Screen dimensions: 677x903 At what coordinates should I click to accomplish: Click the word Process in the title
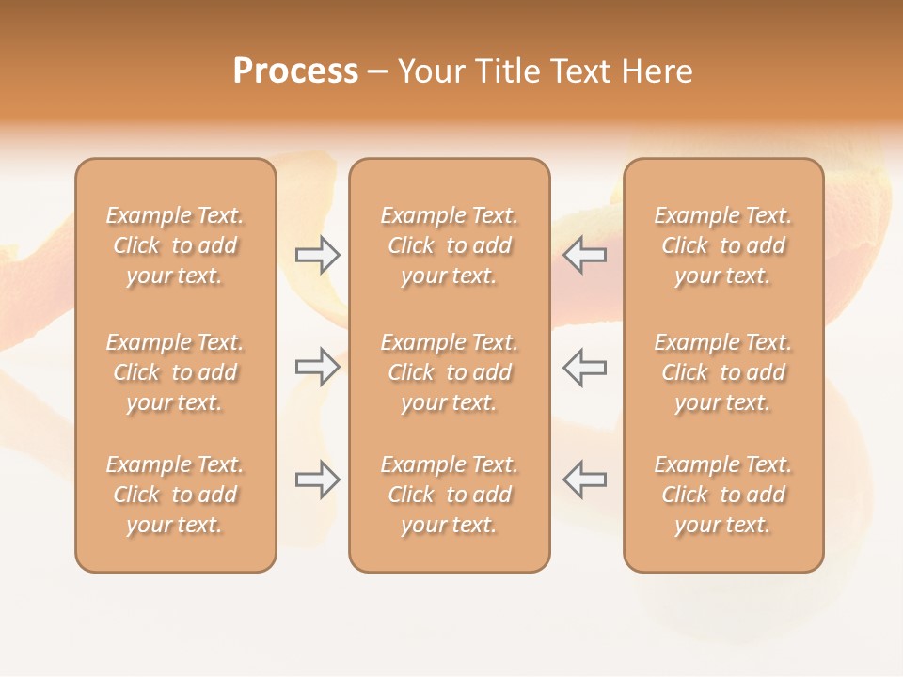[x=295, y=71]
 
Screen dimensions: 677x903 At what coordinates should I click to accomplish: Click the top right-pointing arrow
[x=318, y=254]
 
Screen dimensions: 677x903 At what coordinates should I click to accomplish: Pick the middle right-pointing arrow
[x=318, y=367]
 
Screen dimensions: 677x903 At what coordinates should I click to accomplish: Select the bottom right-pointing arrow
[x=318, y=480]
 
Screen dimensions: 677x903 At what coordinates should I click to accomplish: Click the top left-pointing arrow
[x=585, y=254]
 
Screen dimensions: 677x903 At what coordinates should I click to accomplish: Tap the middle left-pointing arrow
[x=585, y=367]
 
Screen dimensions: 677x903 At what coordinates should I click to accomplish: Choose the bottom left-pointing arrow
[x=585, y=480]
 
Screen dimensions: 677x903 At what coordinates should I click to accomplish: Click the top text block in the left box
[x=175, y=245]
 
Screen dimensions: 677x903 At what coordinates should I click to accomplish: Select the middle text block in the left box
[x=175, y=372]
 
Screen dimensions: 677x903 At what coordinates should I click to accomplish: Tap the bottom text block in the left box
[x=175, y=495]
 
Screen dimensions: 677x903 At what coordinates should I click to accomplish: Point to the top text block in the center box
[x=450, y=245]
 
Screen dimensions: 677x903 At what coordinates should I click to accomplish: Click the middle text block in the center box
[x=450, y=372]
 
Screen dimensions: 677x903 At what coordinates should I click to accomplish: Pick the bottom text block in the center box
[x=450, y=495]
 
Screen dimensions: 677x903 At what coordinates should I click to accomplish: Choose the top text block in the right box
[x=723, y=245]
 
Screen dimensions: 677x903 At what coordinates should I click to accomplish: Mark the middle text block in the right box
[x=723, y=372]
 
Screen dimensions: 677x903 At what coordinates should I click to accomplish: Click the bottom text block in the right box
[x=723, y=495]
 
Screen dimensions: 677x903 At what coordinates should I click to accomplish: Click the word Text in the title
[x=578, y=71]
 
